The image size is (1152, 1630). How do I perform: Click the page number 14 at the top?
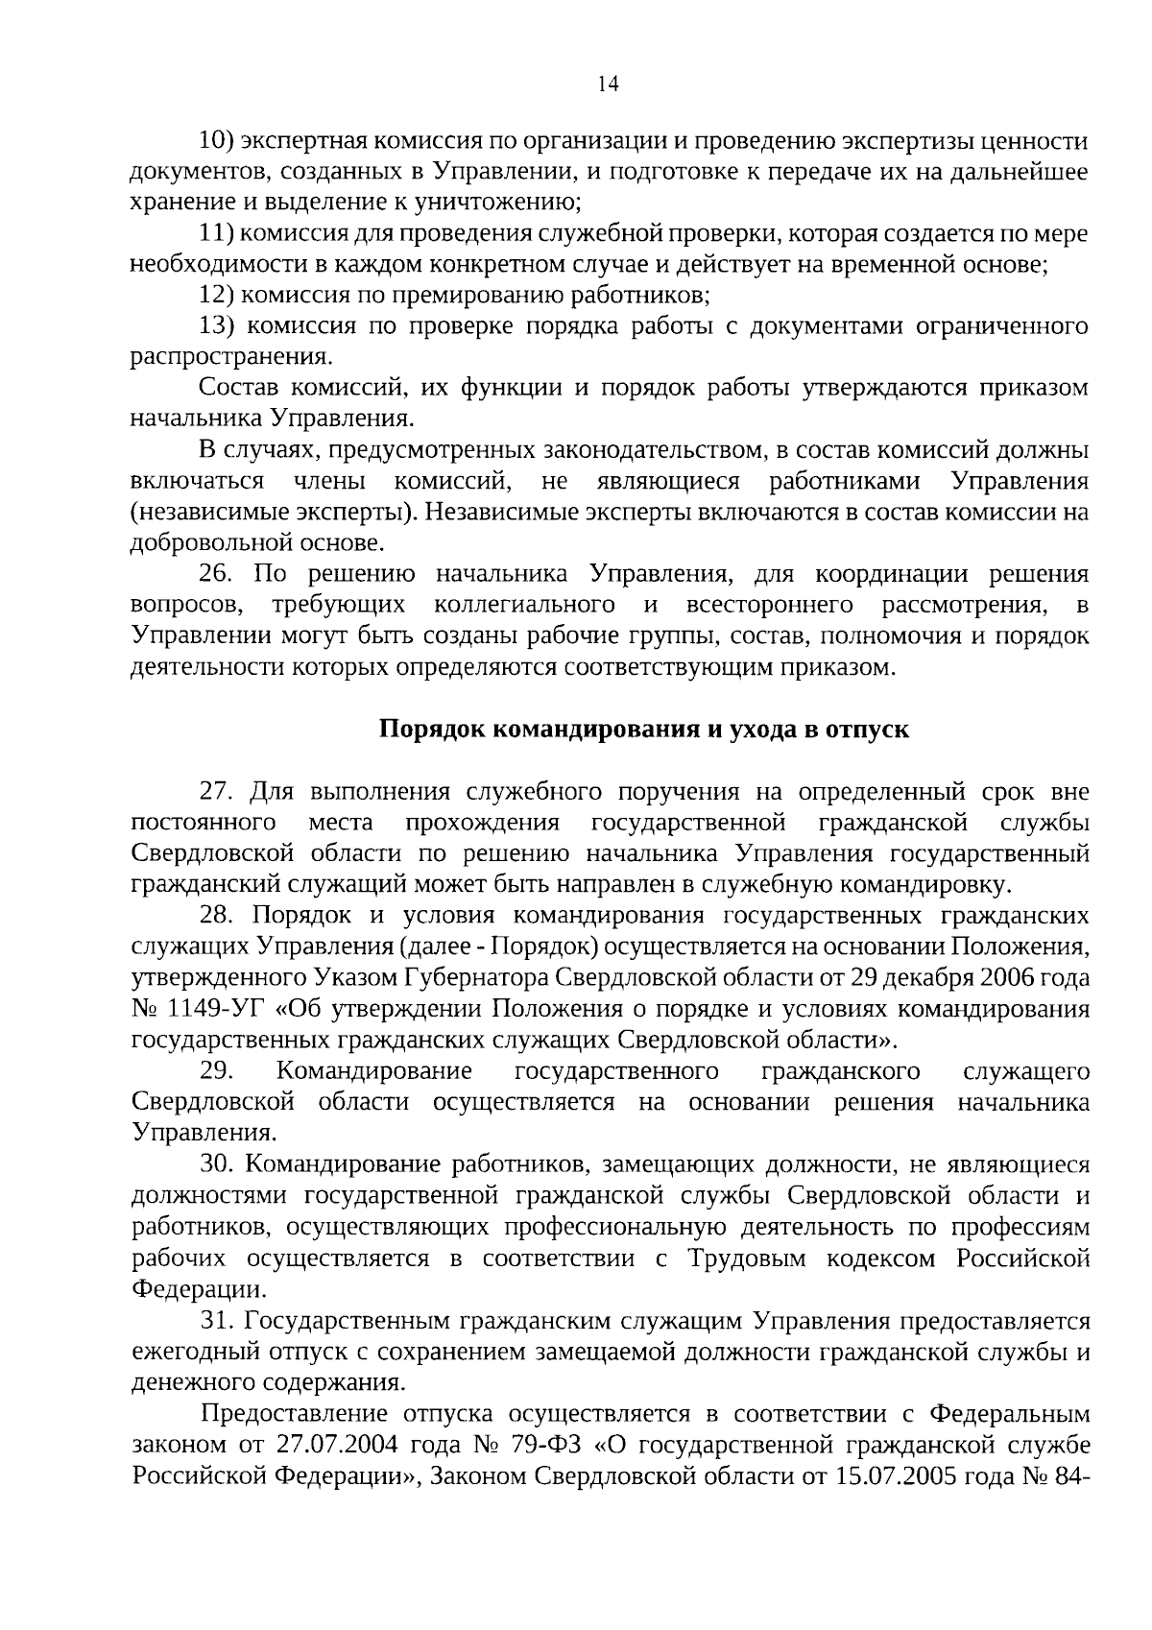point(608,84)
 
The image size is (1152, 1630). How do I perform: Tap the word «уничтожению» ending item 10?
point(501,202)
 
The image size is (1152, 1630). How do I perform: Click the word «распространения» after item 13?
point(229,357)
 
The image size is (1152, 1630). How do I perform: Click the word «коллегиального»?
point(524,605)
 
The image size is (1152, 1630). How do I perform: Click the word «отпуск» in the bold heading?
point(869,730)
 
